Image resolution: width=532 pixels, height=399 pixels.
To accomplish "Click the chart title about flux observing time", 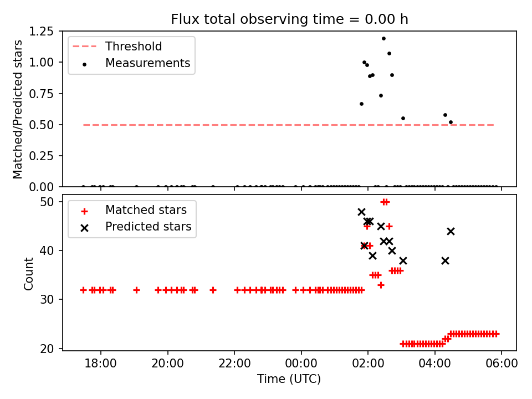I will [x=289, y=19].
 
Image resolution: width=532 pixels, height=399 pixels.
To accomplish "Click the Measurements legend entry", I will [x=147, y=63].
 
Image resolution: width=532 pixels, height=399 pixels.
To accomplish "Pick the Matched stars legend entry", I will [x=146, y=211].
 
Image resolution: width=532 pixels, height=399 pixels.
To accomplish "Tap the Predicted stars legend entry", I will [x=148, y=227].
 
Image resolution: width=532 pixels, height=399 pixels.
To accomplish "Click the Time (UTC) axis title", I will [x=289, y=380].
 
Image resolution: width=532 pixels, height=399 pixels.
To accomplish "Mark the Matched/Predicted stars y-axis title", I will [x=18, y=109].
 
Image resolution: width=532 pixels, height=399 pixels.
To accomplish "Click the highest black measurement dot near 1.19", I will [x=383, y=38].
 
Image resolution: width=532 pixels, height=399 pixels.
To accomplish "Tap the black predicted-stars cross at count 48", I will [x=361, y=212].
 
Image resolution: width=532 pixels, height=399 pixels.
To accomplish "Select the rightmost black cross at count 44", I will [x=451, y=231].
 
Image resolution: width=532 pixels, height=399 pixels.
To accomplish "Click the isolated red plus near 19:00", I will [x=136, y=290].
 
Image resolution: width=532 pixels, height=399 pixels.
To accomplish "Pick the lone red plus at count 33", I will [x=381, y=285].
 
